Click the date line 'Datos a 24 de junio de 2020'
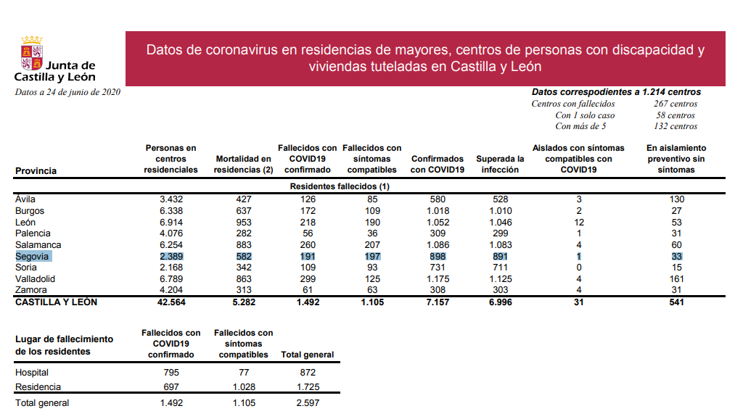click(x=67, y=92)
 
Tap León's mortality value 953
click(x=243, y=223)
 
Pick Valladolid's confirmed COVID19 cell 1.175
click(x=437, y=279)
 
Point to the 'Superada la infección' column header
click(x=500, y=164)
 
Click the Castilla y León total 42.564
click(x=171, y=302)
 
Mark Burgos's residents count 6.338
click(x=171, y=211)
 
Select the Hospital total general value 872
click(x=307, y=372)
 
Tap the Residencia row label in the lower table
click(x=38, y=387)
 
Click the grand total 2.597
click(x=307, y=403)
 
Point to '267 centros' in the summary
click(x=675, y=104)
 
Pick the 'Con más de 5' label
click(x=580, y=126)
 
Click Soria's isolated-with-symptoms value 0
click(x=578, y=268)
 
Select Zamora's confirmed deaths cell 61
click(x=307, y=290)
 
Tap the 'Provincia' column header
click(x=36, y=171)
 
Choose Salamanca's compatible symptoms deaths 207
click(x=371, y=245)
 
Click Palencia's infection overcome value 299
click(x=500, y=233)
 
